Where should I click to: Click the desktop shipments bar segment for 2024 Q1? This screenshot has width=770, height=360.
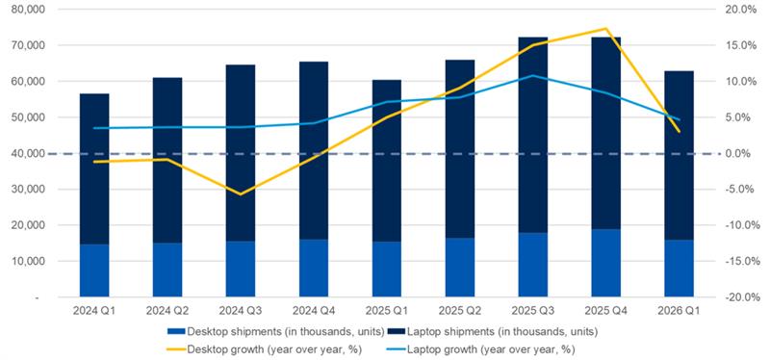point(93,270)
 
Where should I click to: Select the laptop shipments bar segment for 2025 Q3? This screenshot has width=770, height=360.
point(532,135)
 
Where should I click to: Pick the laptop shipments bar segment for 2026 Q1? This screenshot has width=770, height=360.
point(679,154)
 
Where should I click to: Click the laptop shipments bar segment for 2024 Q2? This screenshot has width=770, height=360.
point(167,160)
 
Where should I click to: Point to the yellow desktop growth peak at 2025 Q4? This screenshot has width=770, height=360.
point(605,29)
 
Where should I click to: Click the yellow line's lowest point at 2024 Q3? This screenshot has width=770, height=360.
point(240,193)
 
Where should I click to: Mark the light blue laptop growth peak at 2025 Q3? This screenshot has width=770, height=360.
point(532,75)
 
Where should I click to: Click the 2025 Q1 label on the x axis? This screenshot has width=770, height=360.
point(386,312)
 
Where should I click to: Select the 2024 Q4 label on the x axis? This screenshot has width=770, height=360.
point(313,312)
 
